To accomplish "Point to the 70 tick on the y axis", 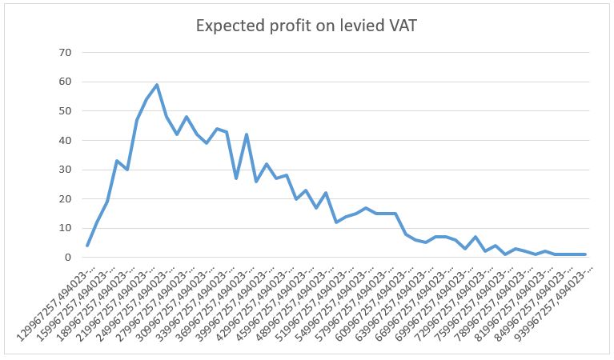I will click(x=64, y=53).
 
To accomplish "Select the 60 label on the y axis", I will click(x=64, y=82).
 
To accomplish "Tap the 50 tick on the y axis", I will click(x=64, y=111).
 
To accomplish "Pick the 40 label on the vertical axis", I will click(x=64, y=140).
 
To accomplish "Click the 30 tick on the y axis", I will click(x=64, y=170).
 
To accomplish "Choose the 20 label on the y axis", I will click(x=64, y=198).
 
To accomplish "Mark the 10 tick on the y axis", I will click(x=64, y=228).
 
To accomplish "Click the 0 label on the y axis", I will click(x=67, y=258).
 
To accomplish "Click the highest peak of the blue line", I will click(x=157, y=85).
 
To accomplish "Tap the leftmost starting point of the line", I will click(x=87, y=246).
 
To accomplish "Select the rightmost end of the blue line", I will click(x=585, y=254).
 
